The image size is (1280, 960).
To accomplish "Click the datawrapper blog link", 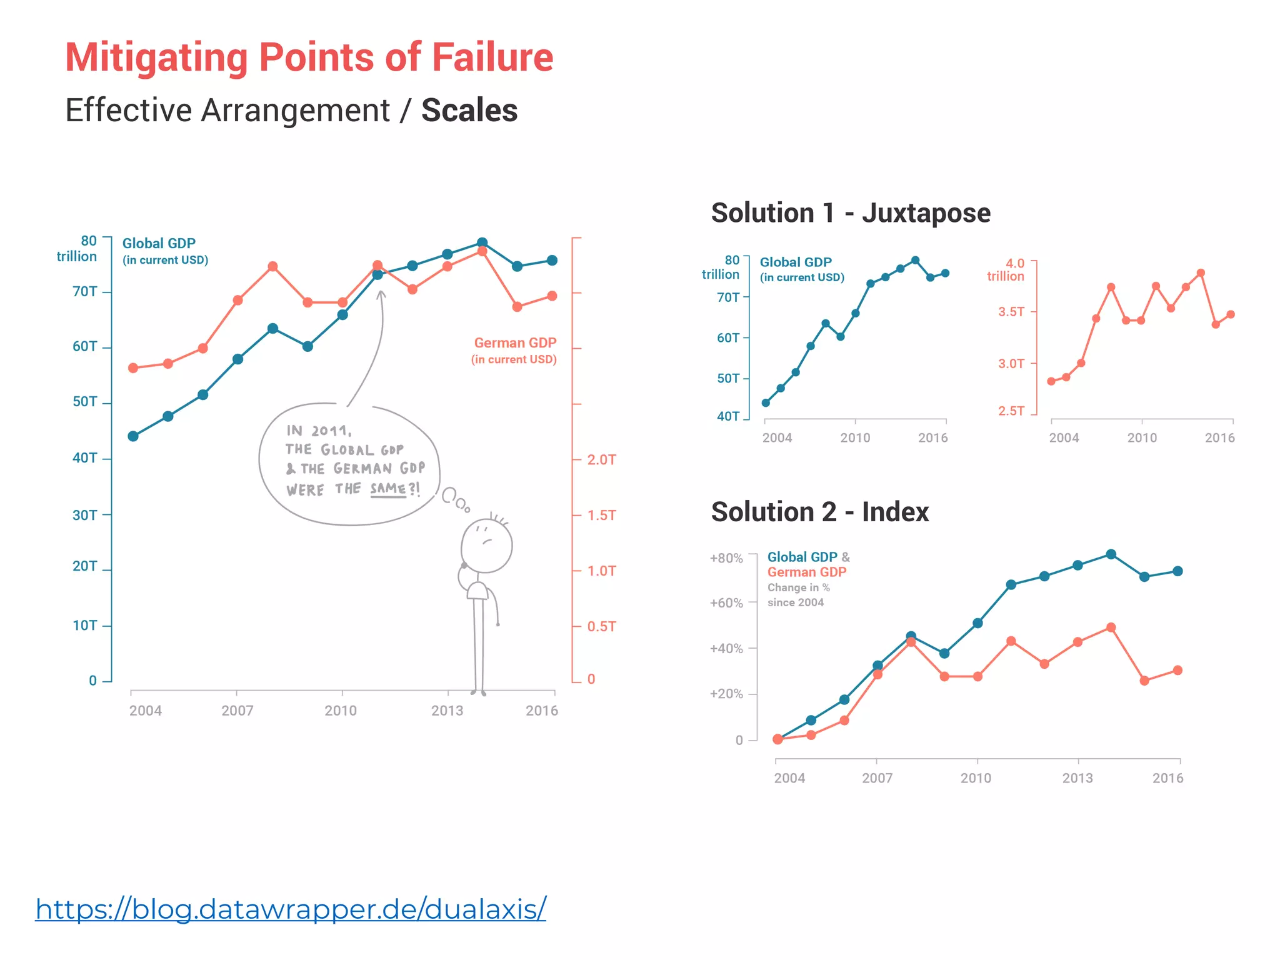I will click(x=291, y=909).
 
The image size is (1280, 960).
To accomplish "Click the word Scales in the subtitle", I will click(x=469, y=111).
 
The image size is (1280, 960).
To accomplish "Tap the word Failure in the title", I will click(x=492, y=57).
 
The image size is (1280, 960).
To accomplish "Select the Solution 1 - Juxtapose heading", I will click(x=851, y=213).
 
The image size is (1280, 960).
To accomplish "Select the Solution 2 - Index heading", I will click(x=819, y=512).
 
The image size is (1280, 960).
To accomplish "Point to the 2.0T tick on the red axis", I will click(x=601, y=460).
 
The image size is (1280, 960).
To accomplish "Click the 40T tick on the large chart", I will click(x=85, y=458).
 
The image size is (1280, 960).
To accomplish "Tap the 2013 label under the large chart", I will click(x=447, y=711).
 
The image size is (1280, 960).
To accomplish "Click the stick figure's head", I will click(x=487, y=546).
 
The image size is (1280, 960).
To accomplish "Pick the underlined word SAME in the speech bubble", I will click(x=388, y=488).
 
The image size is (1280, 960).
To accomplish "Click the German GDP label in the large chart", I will click(x=515, y=343).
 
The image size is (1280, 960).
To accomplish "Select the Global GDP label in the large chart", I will click(x=159, y=243).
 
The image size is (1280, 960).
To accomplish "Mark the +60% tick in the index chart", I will click(x=726, y=603).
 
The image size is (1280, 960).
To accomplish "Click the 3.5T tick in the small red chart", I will click(x=1011, y=311).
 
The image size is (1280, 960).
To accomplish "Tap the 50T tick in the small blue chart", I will click(x=728, y=378).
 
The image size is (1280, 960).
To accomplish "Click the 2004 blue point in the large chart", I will click(x=133, y=436).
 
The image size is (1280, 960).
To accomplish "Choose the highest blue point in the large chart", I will click(x=482, y=242).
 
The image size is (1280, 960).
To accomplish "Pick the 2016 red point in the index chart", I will click(x=1177, y=670).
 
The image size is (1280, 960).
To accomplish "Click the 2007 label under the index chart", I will click(x=877, y=778).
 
